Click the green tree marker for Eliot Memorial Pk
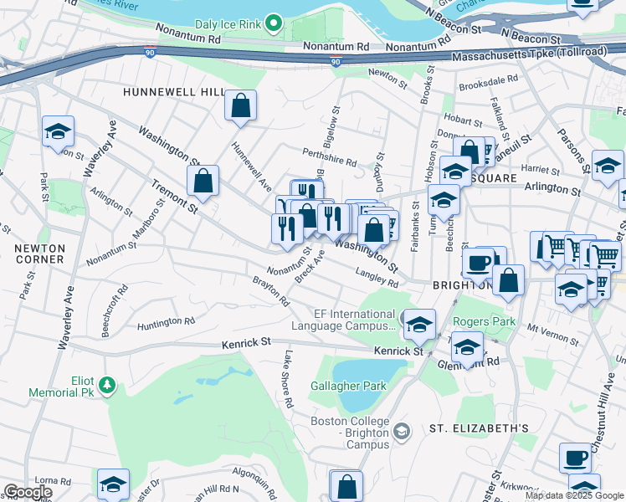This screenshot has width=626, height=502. (106, 385)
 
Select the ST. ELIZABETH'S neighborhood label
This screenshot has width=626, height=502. (479, 428)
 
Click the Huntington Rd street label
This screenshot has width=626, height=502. (166, 321)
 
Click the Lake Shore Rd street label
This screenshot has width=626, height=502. (288, 379)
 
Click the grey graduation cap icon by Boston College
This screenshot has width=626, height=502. (402, 431)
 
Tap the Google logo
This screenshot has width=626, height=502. (27, 493)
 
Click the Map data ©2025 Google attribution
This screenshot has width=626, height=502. (574, 495)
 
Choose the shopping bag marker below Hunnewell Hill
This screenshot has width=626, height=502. (240, 105)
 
